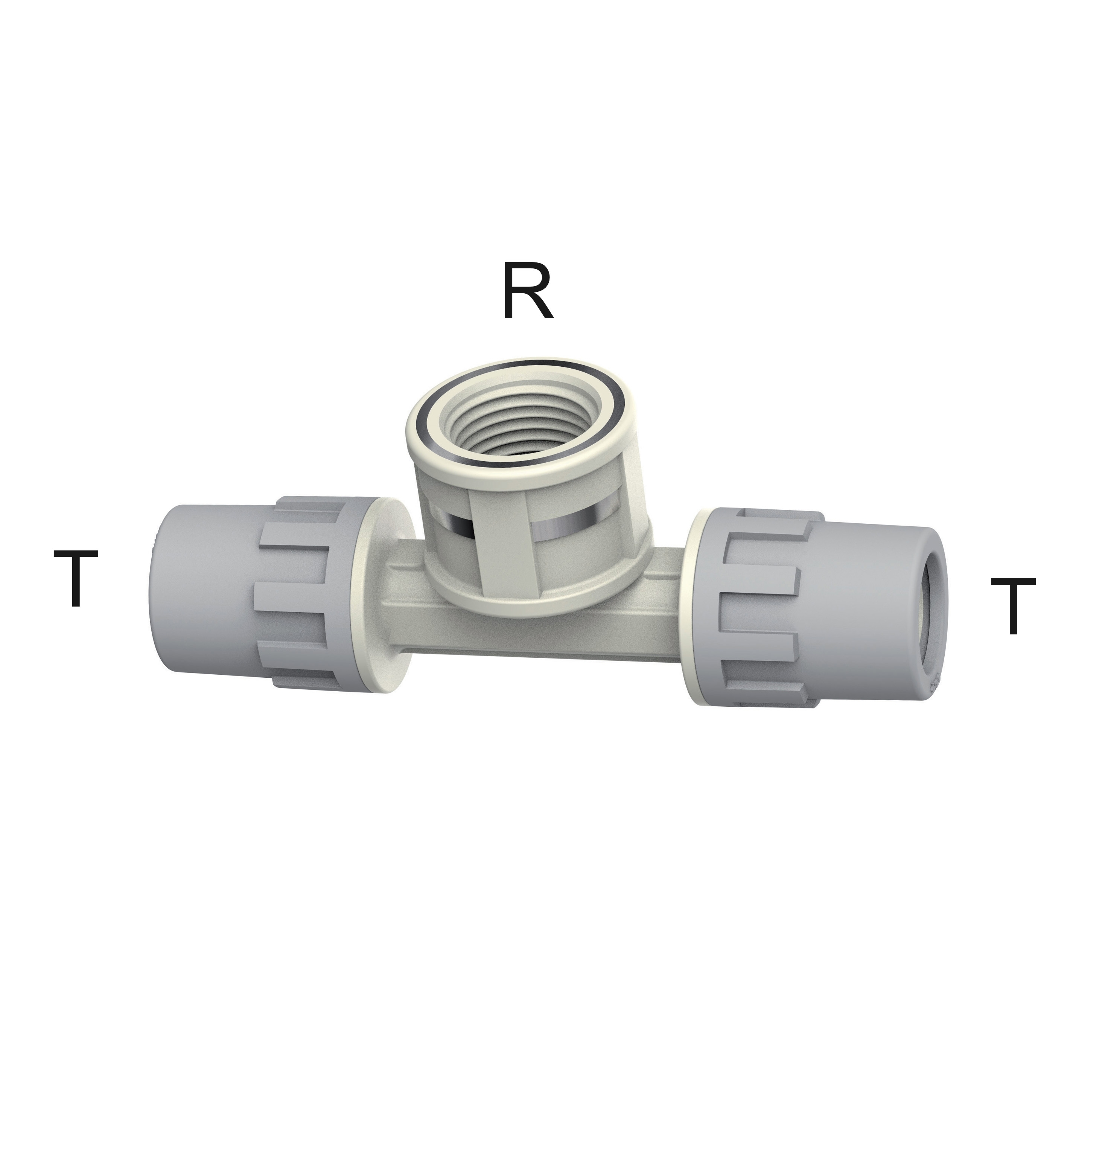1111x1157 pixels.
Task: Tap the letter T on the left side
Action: click(x=76, y=578)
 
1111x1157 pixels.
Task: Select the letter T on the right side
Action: click(x=1013, y=606)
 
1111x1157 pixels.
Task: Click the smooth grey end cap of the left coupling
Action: click(x=204, y=588)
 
